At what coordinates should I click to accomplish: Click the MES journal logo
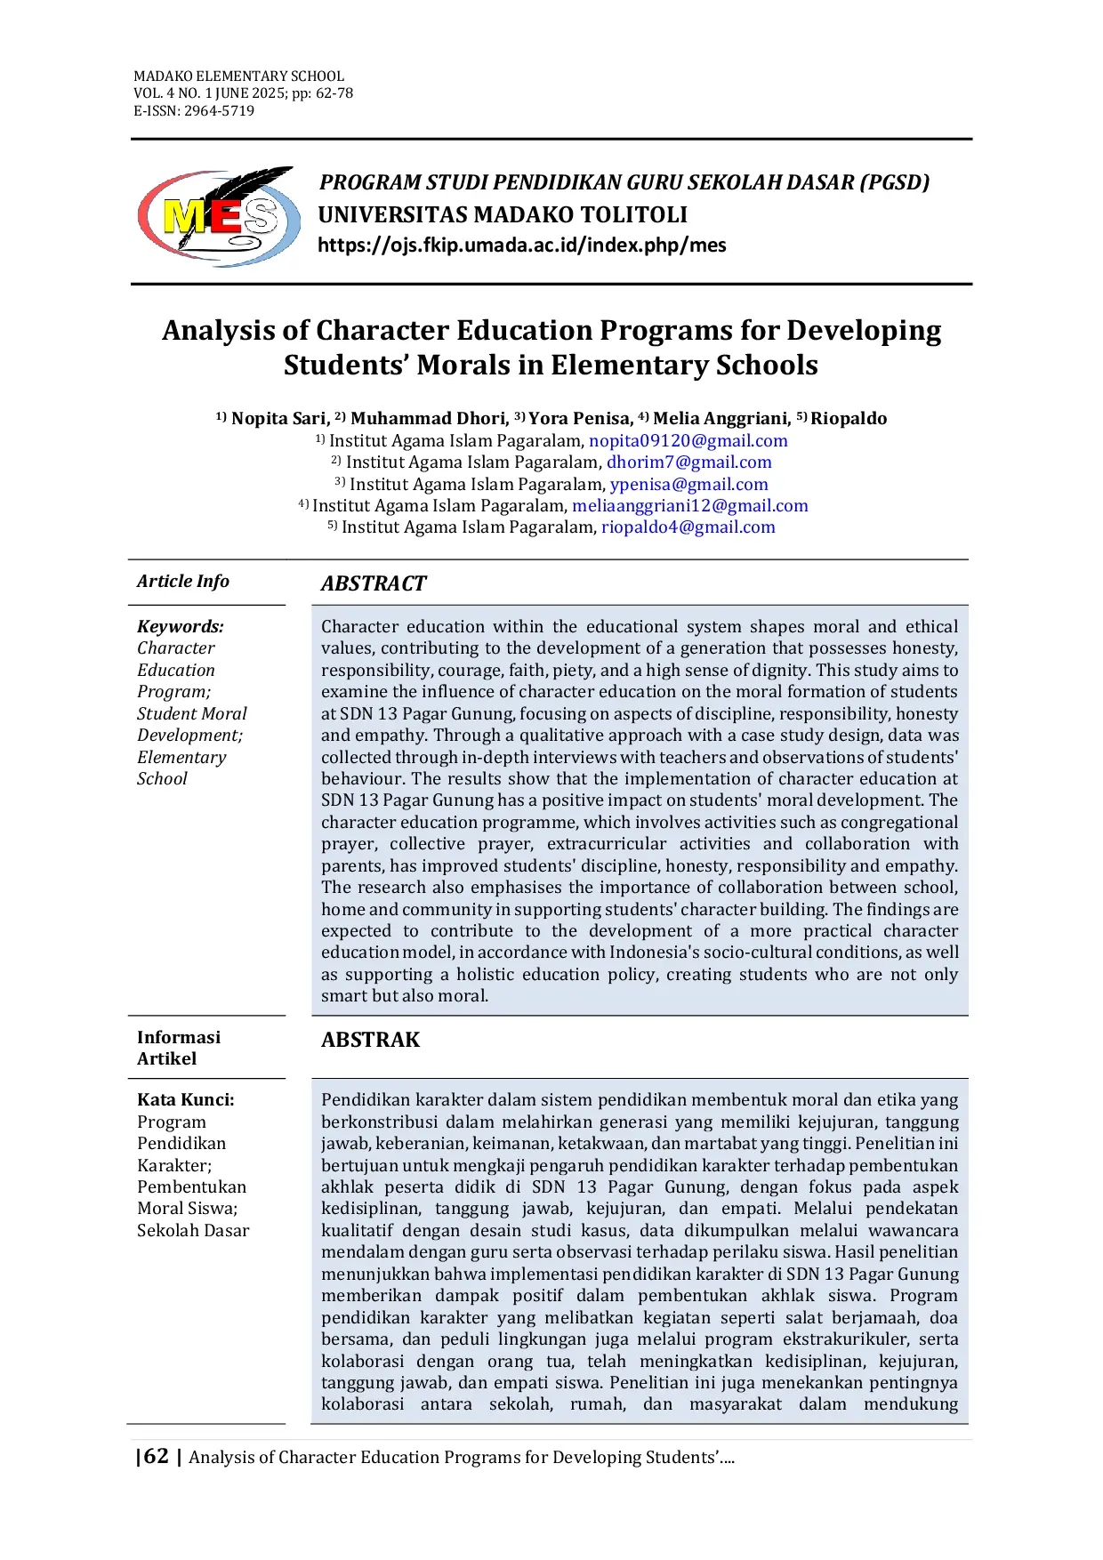coord(219,217)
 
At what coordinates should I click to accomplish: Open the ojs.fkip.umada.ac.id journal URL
coord(522,245)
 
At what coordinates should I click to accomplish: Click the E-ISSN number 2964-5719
coord(219,111)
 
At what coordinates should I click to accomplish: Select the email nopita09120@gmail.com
coord(688,441)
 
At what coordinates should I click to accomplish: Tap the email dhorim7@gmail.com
coord(688,462)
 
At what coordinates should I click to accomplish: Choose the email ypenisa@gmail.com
coord(688,485)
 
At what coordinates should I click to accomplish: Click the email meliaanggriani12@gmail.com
coord(689,506)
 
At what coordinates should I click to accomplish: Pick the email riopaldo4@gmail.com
coord(688,527)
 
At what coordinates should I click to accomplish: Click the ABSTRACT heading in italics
coord(374,583)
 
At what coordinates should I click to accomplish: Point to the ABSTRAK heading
coord(370,1040)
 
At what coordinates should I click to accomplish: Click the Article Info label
coord(183,582)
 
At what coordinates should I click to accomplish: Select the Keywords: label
coord(181,627)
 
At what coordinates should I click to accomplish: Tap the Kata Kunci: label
coord(186,1100)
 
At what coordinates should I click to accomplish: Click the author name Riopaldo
coord(849,419)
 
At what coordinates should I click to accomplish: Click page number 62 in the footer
coord(156,1457)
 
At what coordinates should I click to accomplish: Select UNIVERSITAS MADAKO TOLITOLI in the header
coord(503,215)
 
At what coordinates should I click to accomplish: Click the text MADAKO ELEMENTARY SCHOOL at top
coord(238,76)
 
